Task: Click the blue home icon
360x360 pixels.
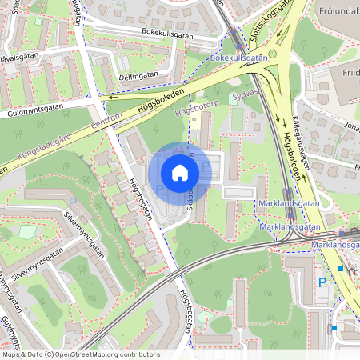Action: [180, 173]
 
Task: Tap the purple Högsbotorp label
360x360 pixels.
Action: [196, 104]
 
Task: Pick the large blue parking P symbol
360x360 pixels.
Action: [323, 282]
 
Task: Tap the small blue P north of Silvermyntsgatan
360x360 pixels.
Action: [72, 202]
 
